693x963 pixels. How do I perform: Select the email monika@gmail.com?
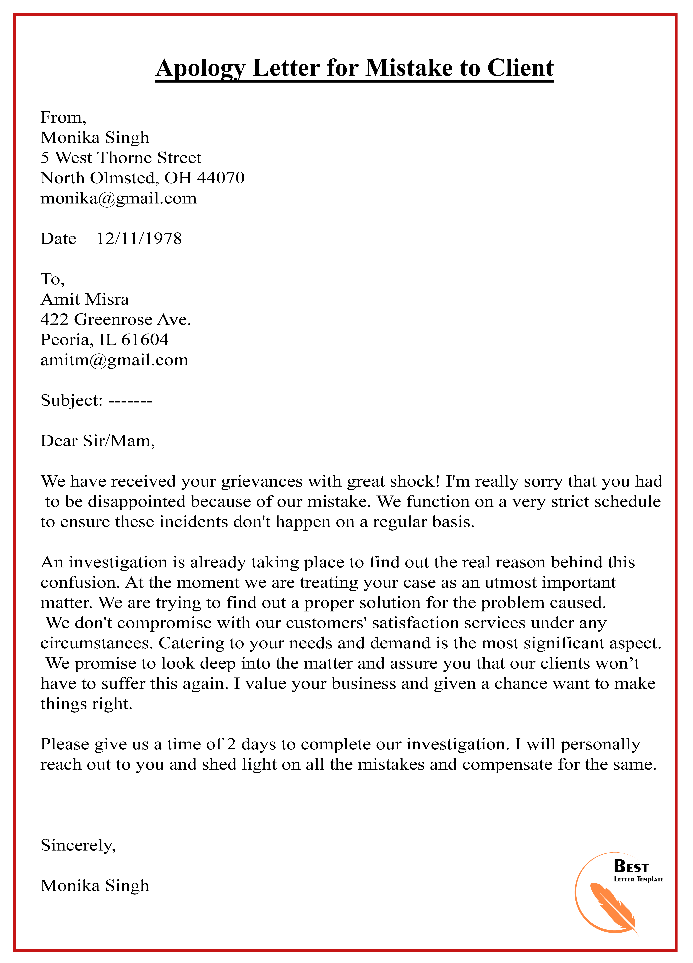[x=118, y=198]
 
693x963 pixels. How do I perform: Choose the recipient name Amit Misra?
[x=84, y=299]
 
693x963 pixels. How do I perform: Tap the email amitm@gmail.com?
[x=114, y=360]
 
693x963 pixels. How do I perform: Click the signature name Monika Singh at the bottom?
[x=95, y=886]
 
